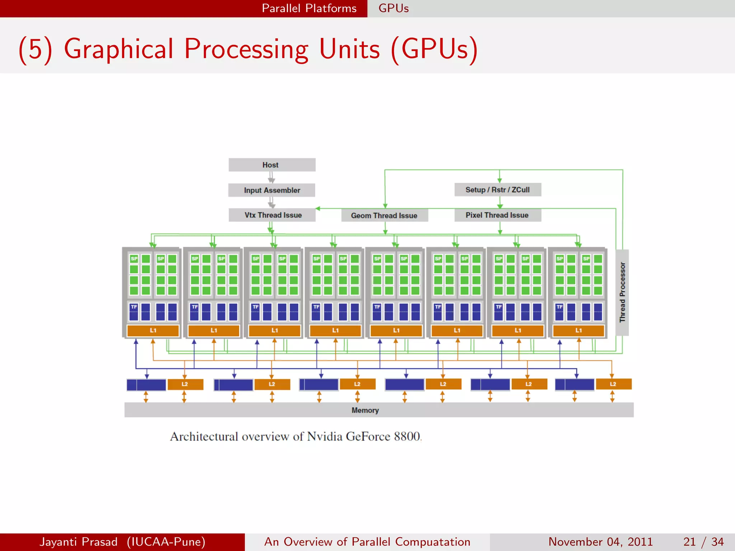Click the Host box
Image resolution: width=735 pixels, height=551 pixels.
[272, 165]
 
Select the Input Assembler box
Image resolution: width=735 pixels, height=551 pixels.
[272, 190]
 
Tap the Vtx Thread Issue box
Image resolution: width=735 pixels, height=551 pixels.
[272, 215]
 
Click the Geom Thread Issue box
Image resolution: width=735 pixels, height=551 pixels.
[384, 215]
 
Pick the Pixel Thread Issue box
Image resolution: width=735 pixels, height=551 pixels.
[497, 215]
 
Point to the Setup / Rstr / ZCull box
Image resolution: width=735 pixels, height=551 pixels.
[497, 189]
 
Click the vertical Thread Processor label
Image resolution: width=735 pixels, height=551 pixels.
[622, 292]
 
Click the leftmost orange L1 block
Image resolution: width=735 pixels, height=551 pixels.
[153, 330]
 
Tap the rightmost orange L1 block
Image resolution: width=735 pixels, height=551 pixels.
[578, 330]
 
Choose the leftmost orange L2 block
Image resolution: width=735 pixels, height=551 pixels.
[185, 384]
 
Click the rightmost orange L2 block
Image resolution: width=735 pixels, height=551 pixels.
[613, 384]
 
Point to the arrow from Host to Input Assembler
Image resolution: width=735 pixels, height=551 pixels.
[271, 177]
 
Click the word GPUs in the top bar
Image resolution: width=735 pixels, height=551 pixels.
[393, 8]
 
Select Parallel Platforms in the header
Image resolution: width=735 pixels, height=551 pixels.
[309, 8]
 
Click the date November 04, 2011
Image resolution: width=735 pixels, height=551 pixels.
[600, 542]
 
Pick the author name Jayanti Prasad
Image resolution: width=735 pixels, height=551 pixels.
[79, 542]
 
